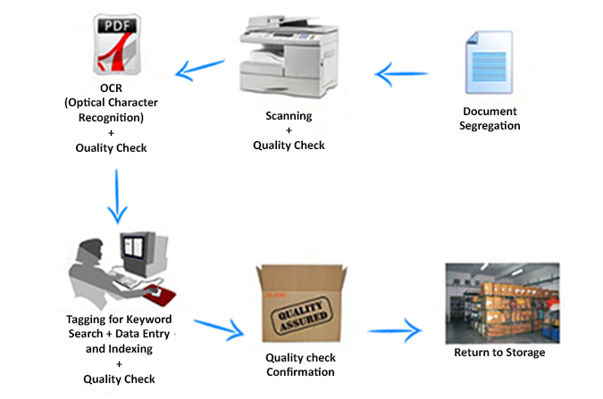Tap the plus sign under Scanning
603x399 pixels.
[x=289, y=130]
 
